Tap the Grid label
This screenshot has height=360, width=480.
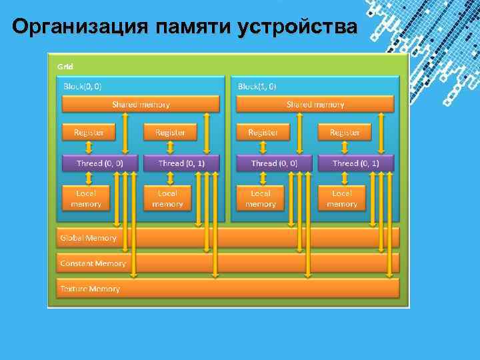point(65,66)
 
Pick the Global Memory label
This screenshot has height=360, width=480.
point(88,237)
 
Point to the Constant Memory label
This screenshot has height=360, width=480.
point(93,263)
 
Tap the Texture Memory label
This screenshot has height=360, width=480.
point(90,289)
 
